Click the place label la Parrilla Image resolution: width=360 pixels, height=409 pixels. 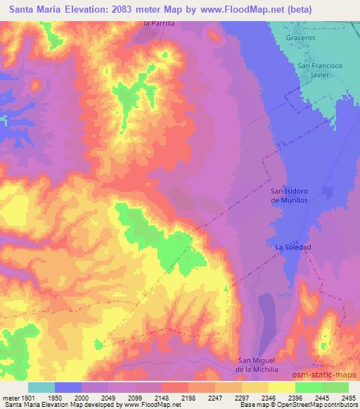coord(158,23)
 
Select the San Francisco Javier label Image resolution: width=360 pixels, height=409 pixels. coord(319,70)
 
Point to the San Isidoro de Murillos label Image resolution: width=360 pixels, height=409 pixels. coord(290,195)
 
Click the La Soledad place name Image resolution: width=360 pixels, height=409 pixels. coord(292,247)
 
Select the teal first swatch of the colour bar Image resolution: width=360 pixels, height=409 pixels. coord(41,387)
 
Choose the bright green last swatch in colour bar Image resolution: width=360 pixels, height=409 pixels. coord(335,387)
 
